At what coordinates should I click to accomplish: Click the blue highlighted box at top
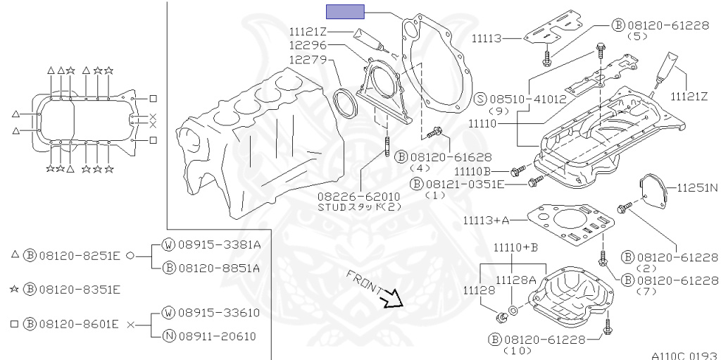344,11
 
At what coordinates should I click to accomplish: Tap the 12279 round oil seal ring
344,102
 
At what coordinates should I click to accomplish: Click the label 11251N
697,188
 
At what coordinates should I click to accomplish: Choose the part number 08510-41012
529,99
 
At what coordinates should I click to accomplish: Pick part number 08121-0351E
465,184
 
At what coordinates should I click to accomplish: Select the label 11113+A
487,221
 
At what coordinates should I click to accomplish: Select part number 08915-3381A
218,245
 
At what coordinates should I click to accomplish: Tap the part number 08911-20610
218,336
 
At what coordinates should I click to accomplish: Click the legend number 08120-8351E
78,289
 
